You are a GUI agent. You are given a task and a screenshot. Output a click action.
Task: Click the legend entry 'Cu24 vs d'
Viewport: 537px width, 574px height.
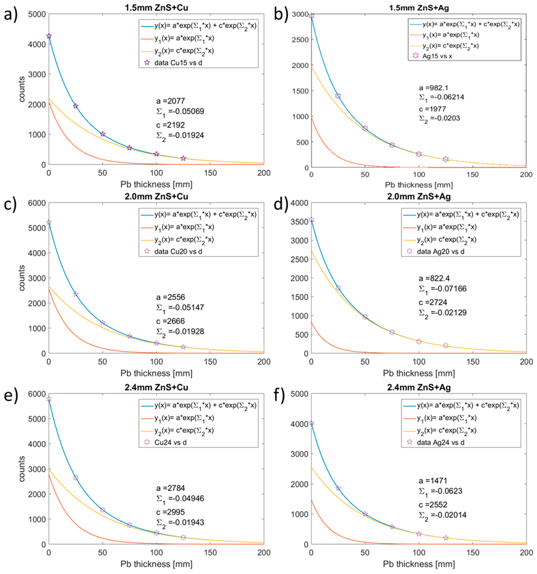pyautogui.click(x=170, y=442)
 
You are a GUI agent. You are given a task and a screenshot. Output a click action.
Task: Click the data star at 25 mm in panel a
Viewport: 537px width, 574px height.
pyautogui.click(x=76, y=106)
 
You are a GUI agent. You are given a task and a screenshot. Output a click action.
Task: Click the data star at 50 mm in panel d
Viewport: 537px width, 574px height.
pyautogui.click(x=365, y=317)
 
